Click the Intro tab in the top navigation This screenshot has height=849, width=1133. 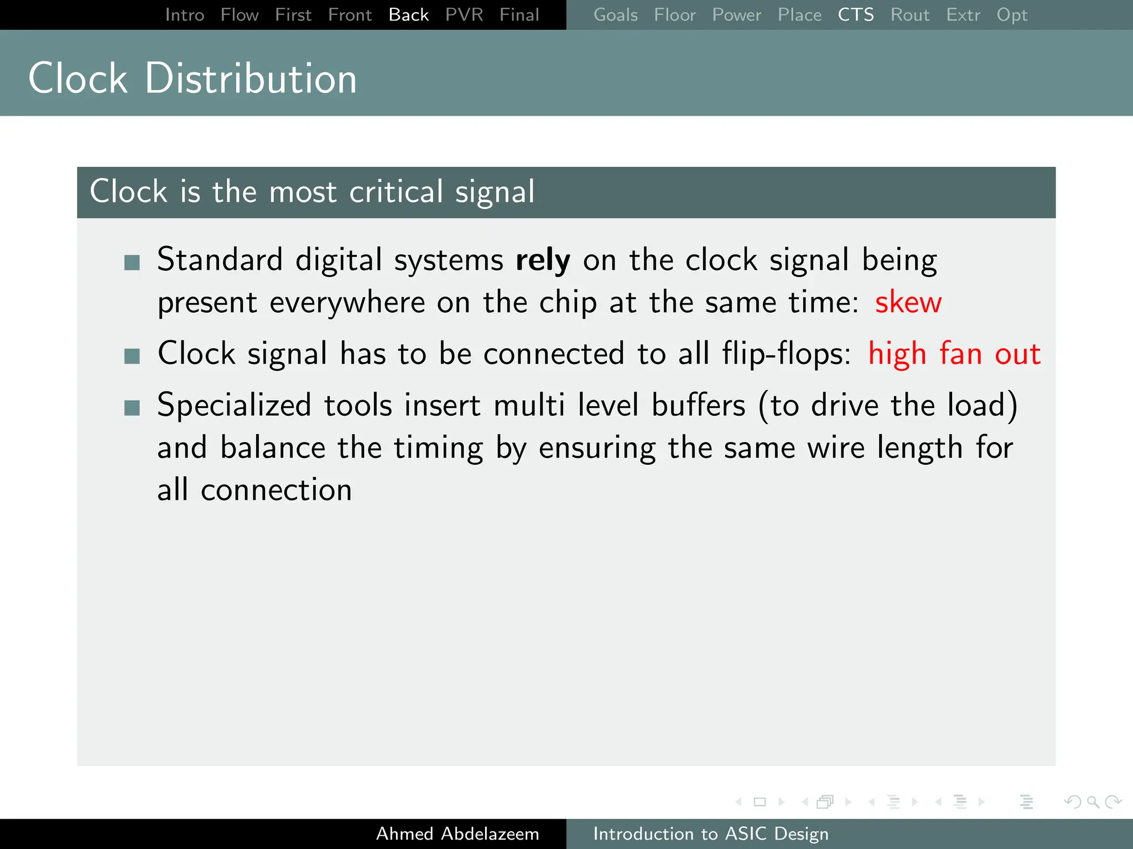pos(185,15)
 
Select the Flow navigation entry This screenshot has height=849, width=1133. pos(240,15)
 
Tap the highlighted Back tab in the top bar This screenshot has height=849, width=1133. pos(408,15)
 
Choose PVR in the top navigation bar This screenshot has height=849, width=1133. pos(464,15)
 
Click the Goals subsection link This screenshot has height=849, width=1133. pos(615,15)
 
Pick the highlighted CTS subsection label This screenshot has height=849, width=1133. pos(855,15)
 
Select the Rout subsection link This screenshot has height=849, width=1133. pos(909,15)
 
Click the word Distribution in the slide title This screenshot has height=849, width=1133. pos(251,78)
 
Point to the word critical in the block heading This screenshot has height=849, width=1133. pos(396,192)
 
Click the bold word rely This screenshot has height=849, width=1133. pos(543,260)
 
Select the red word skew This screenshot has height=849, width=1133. pos(908,302)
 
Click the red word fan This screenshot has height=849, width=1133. pos(960,354)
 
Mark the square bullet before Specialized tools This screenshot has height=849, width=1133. pos(132,408)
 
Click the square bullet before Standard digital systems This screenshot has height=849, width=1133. pos(132,262)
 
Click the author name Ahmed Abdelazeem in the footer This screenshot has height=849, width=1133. pos(458,834)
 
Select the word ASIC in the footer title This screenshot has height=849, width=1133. pos(746,834)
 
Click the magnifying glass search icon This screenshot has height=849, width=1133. pos(1093,801)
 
